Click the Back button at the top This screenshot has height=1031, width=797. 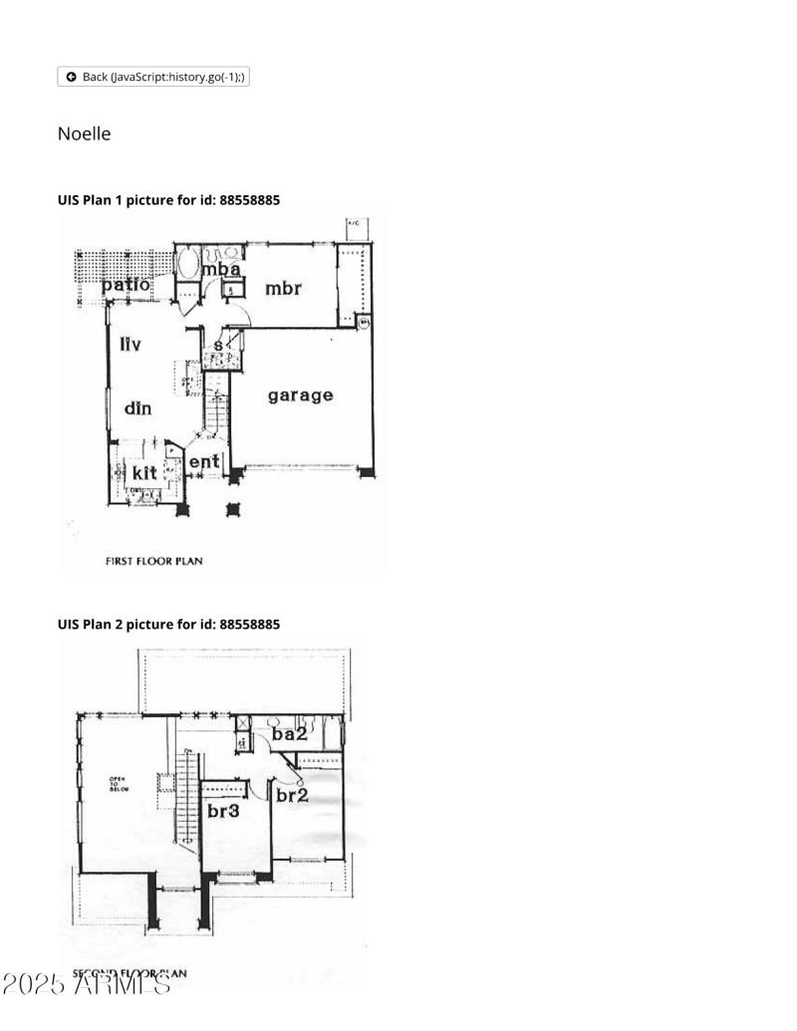[x=153, y=77]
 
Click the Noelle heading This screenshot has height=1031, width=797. [x=84, y=133]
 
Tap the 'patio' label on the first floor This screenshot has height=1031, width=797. [x=126, y=285]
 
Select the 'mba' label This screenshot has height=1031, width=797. [x=221, y=269]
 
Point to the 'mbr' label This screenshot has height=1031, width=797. [x=283, y=289]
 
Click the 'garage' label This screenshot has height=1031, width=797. [x=300, y=395]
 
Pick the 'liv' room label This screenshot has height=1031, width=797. [x=131, y=345]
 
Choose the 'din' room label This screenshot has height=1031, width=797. [x=137, y=407]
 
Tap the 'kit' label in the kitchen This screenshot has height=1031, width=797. [x=144, y=471]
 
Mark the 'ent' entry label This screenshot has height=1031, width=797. [x=203, y=462]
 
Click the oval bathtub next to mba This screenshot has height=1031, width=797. [x=187, y=264]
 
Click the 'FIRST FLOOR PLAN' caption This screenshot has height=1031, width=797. [x=153, y=561]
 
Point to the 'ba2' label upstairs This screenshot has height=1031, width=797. [x=289, y=734]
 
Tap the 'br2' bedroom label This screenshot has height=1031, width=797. [x=292, y=795]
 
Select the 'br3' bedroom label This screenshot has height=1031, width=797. [x=223, y=811]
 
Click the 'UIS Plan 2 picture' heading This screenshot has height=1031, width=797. [x=168, y=625]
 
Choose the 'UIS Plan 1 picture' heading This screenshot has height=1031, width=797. [x=168, y=200]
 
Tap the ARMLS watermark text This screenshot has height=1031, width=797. [x=87, y=984]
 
